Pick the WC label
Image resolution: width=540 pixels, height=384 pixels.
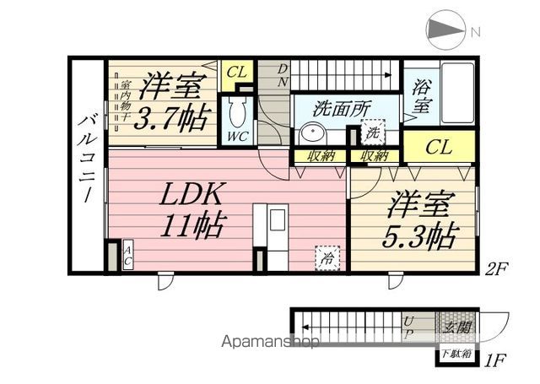tap(235, 136)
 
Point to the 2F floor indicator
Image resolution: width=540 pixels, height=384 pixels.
tap(495, 271)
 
